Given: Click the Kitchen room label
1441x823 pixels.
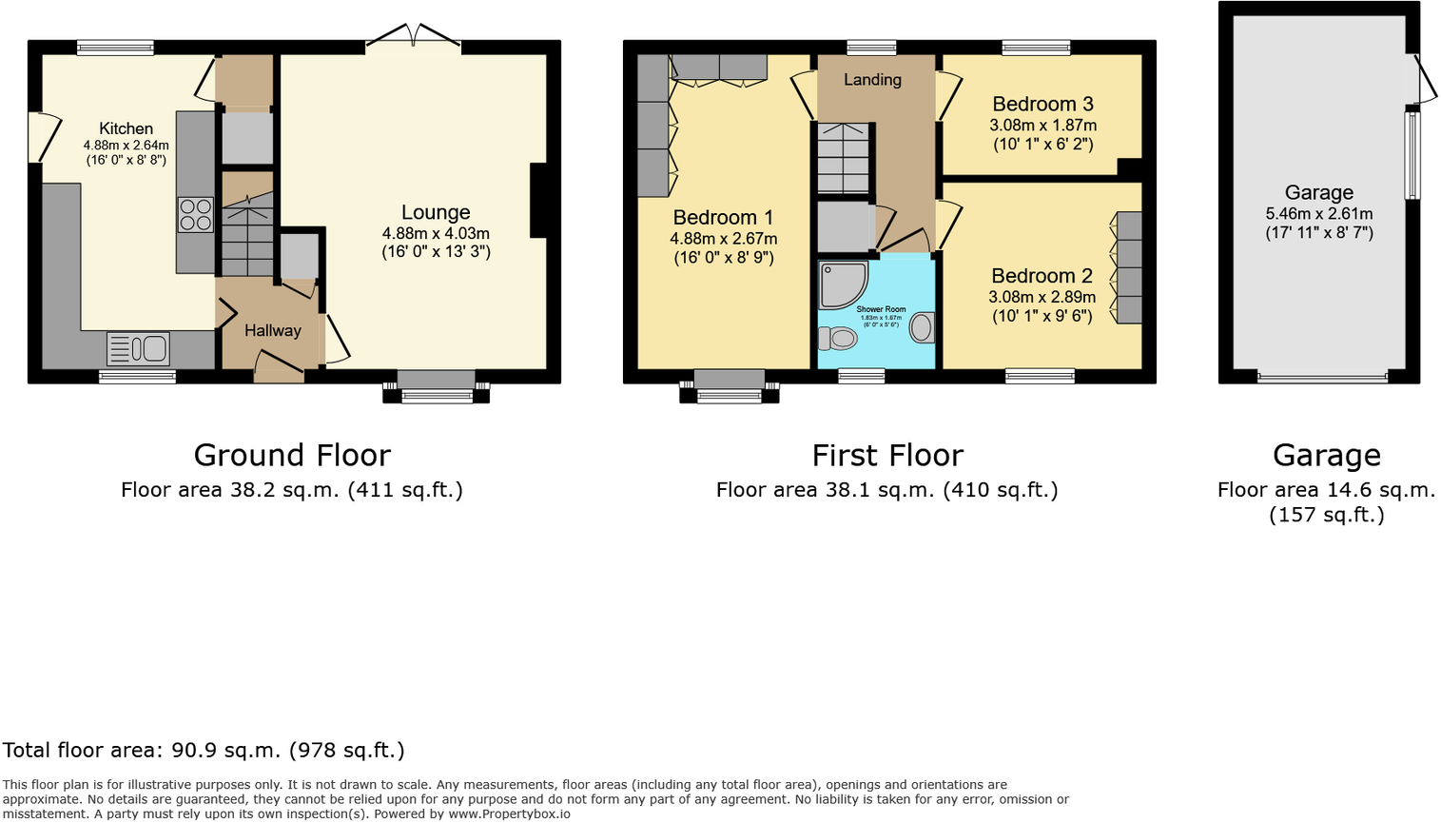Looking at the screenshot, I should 126,128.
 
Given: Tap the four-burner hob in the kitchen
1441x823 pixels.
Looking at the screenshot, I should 195,214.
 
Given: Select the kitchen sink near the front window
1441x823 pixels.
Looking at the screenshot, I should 138,349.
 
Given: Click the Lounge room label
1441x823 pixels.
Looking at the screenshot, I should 436,213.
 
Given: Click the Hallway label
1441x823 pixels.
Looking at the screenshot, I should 272,330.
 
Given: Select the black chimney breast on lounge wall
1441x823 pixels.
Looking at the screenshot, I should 538,201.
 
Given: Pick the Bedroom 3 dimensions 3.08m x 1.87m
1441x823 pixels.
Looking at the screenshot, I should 1042,126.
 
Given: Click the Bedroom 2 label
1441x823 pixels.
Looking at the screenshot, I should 1042,276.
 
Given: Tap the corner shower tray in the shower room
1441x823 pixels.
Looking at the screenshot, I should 842,284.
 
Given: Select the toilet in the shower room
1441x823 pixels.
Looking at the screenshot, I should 837,338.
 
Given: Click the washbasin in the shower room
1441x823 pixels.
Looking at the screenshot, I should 922,328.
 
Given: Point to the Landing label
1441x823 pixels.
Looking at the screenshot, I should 872,80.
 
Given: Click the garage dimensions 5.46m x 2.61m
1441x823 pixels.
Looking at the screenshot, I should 1318,214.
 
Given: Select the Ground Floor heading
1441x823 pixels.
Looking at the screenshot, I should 292,456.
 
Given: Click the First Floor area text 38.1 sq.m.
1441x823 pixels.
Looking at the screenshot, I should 886,490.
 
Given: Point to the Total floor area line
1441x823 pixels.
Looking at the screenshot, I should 204,751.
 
